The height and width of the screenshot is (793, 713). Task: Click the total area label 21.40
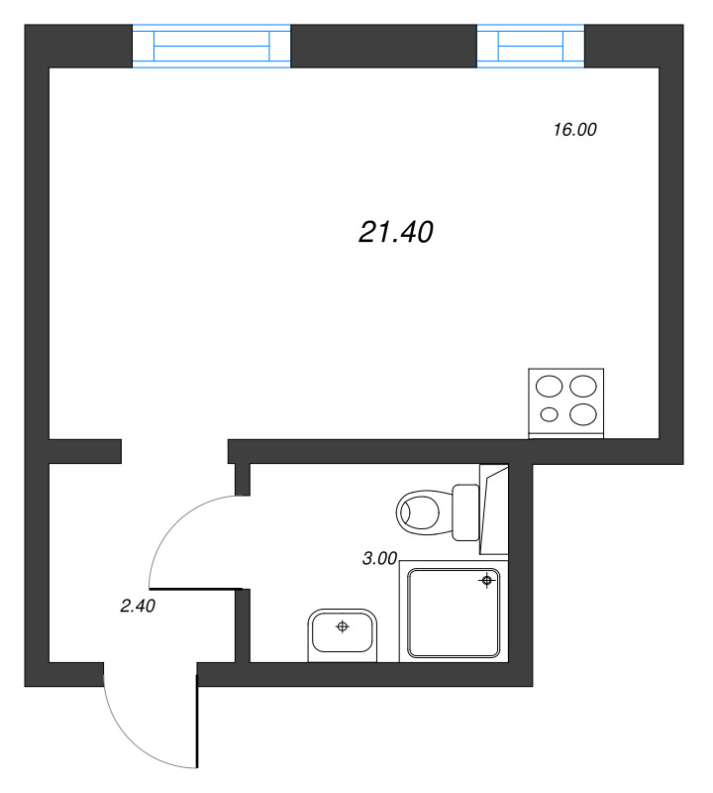[x=395, y=233]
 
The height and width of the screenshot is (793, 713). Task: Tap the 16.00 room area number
[x=575, y=129]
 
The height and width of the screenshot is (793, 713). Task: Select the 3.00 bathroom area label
[x=379, y=559]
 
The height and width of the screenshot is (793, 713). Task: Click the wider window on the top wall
[x=212, y=47]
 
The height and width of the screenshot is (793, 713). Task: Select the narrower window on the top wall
[x=531, y=47]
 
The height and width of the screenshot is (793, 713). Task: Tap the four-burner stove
[x=566, y=402]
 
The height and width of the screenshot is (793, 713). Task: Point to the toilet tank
[x=465, y=511]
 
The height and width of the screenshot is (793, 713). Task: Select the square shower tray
[x=455, y=614]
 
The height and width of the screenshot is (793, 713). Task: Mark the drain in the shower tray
[x=486, y=581]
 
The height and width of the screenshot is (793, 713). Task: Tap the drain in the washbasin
[x=343, y=626]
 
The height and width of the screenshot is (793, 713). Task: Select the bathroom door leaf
[x=196, y=590]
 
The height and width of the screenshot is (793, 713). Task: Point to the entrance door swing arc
[x=128, y=738]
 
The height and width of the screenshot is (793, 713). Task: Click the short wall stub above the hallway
[x=85, y=451]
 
